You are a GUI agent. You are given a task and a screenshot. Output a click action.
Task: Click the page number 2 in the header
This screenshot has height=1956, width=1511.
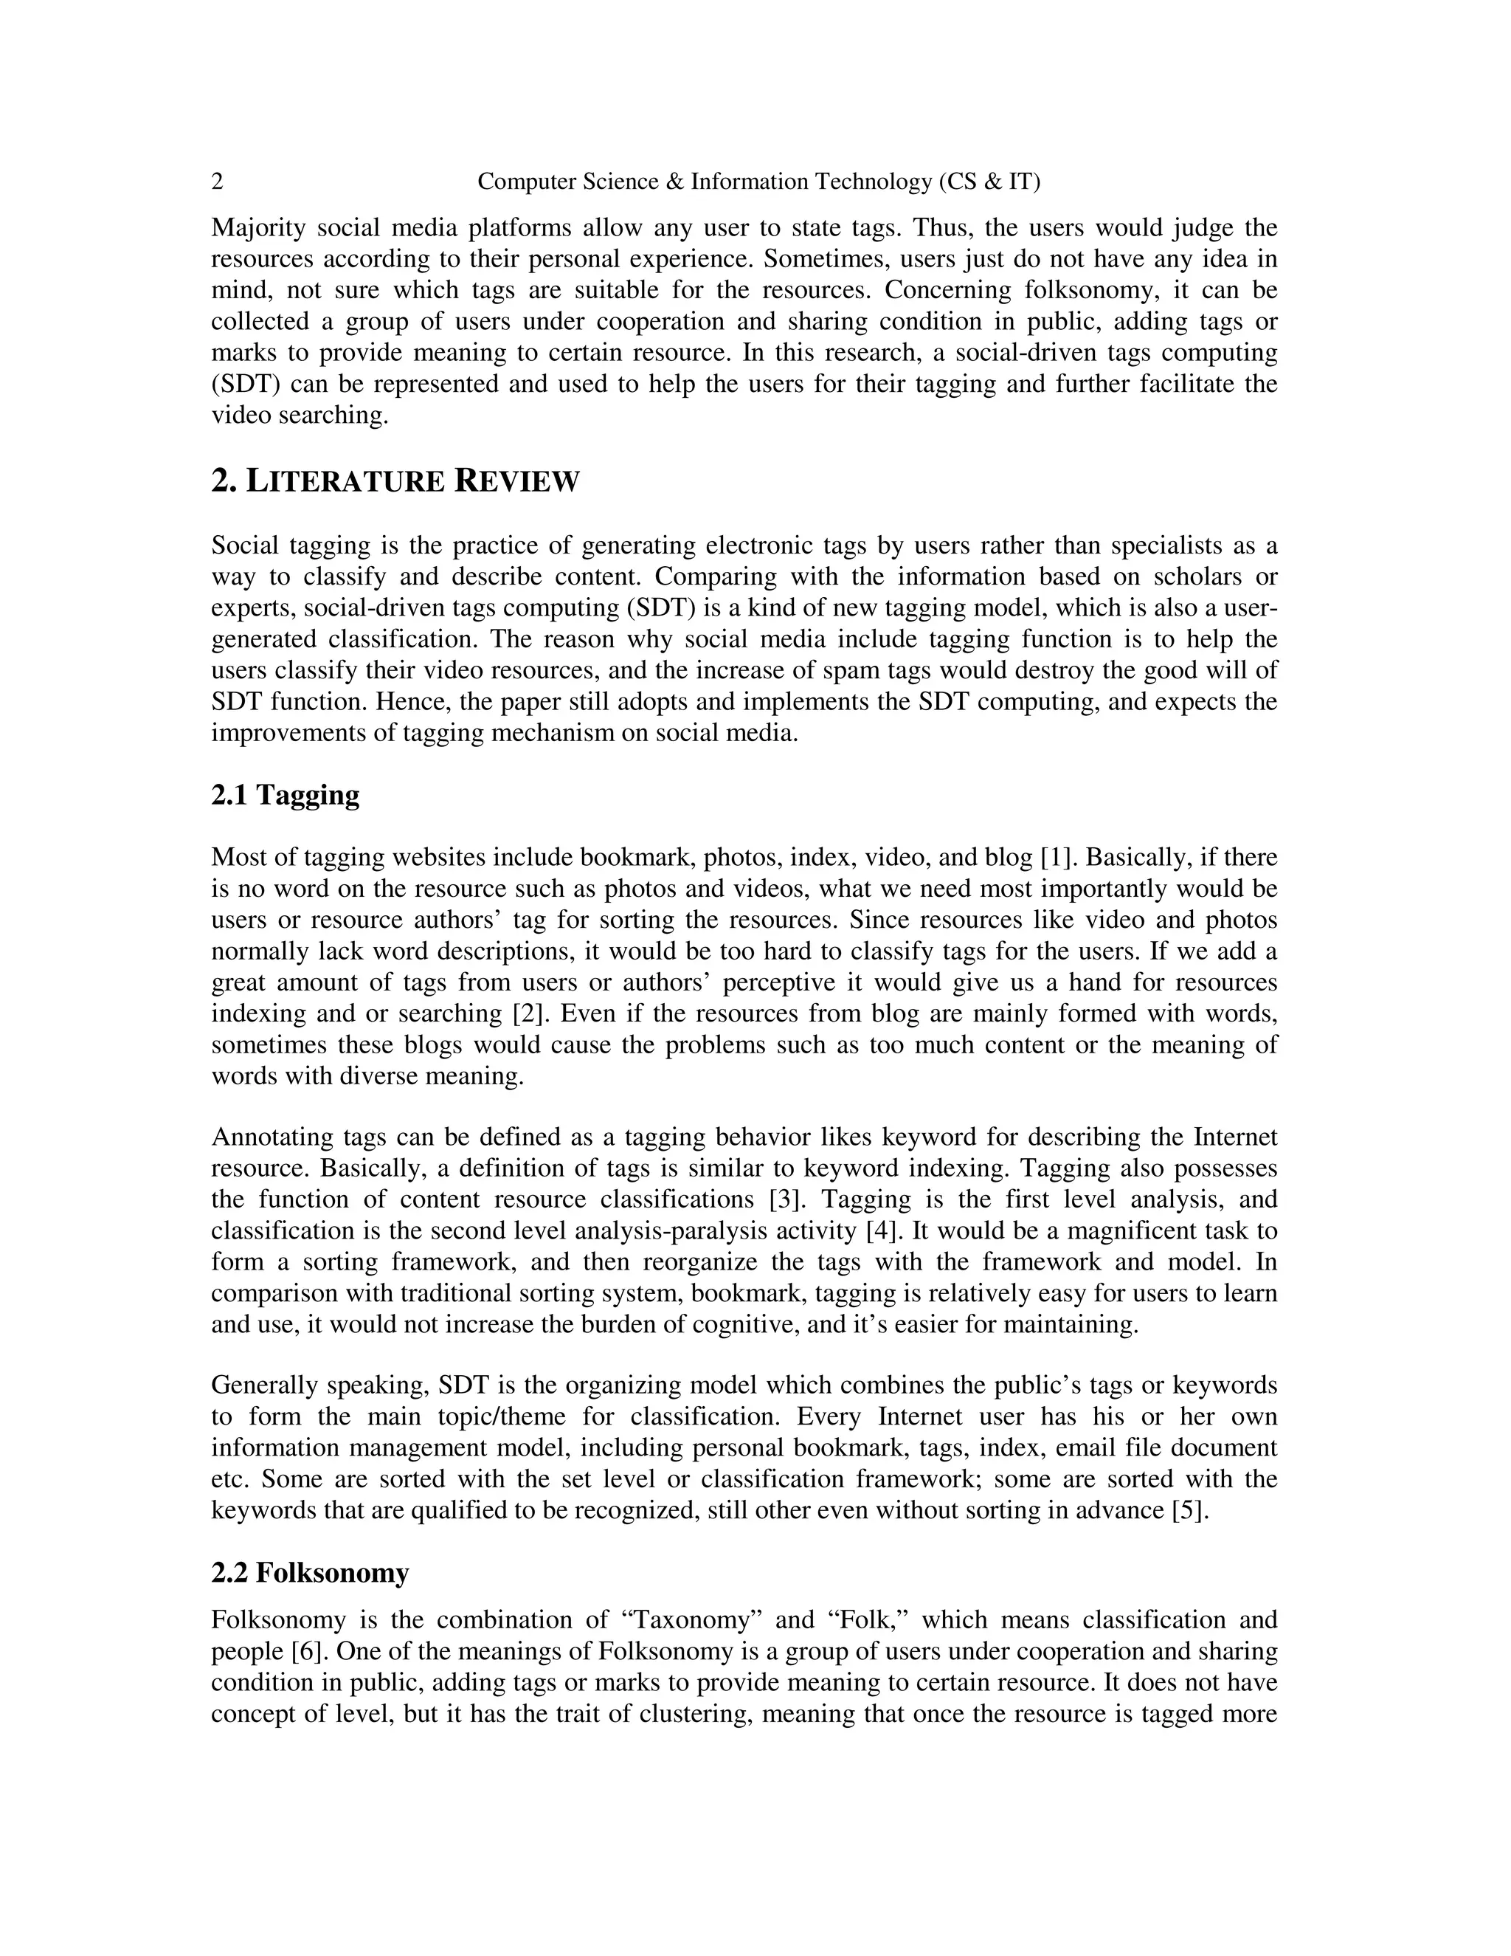[x=218, y=182]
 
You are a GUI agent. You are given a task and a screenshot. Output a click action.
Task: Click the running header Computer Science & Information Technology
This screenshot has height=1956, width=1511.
[x=758, y=182]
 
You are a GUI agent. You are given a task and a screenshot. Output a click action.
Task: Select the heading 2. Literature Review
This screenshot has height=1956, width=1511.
[x=395, y=481]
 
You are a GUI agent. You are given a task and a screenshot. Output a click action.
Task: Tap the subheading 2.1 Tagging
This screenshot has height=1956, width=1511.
[x=285, y=794]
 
